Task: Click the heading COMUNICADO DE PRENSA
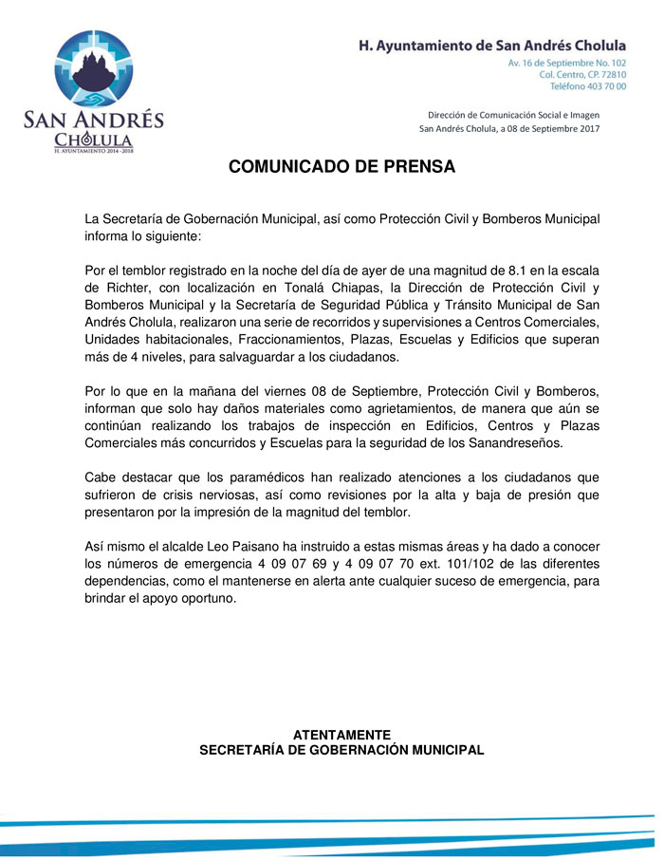click(342, 167)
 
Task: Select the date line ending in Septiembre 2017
click(508, 129)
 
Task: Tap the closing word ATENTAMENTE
click(341, 735)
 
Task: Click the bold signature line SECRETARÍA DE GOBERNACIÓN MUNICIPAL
click(341, 750)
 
